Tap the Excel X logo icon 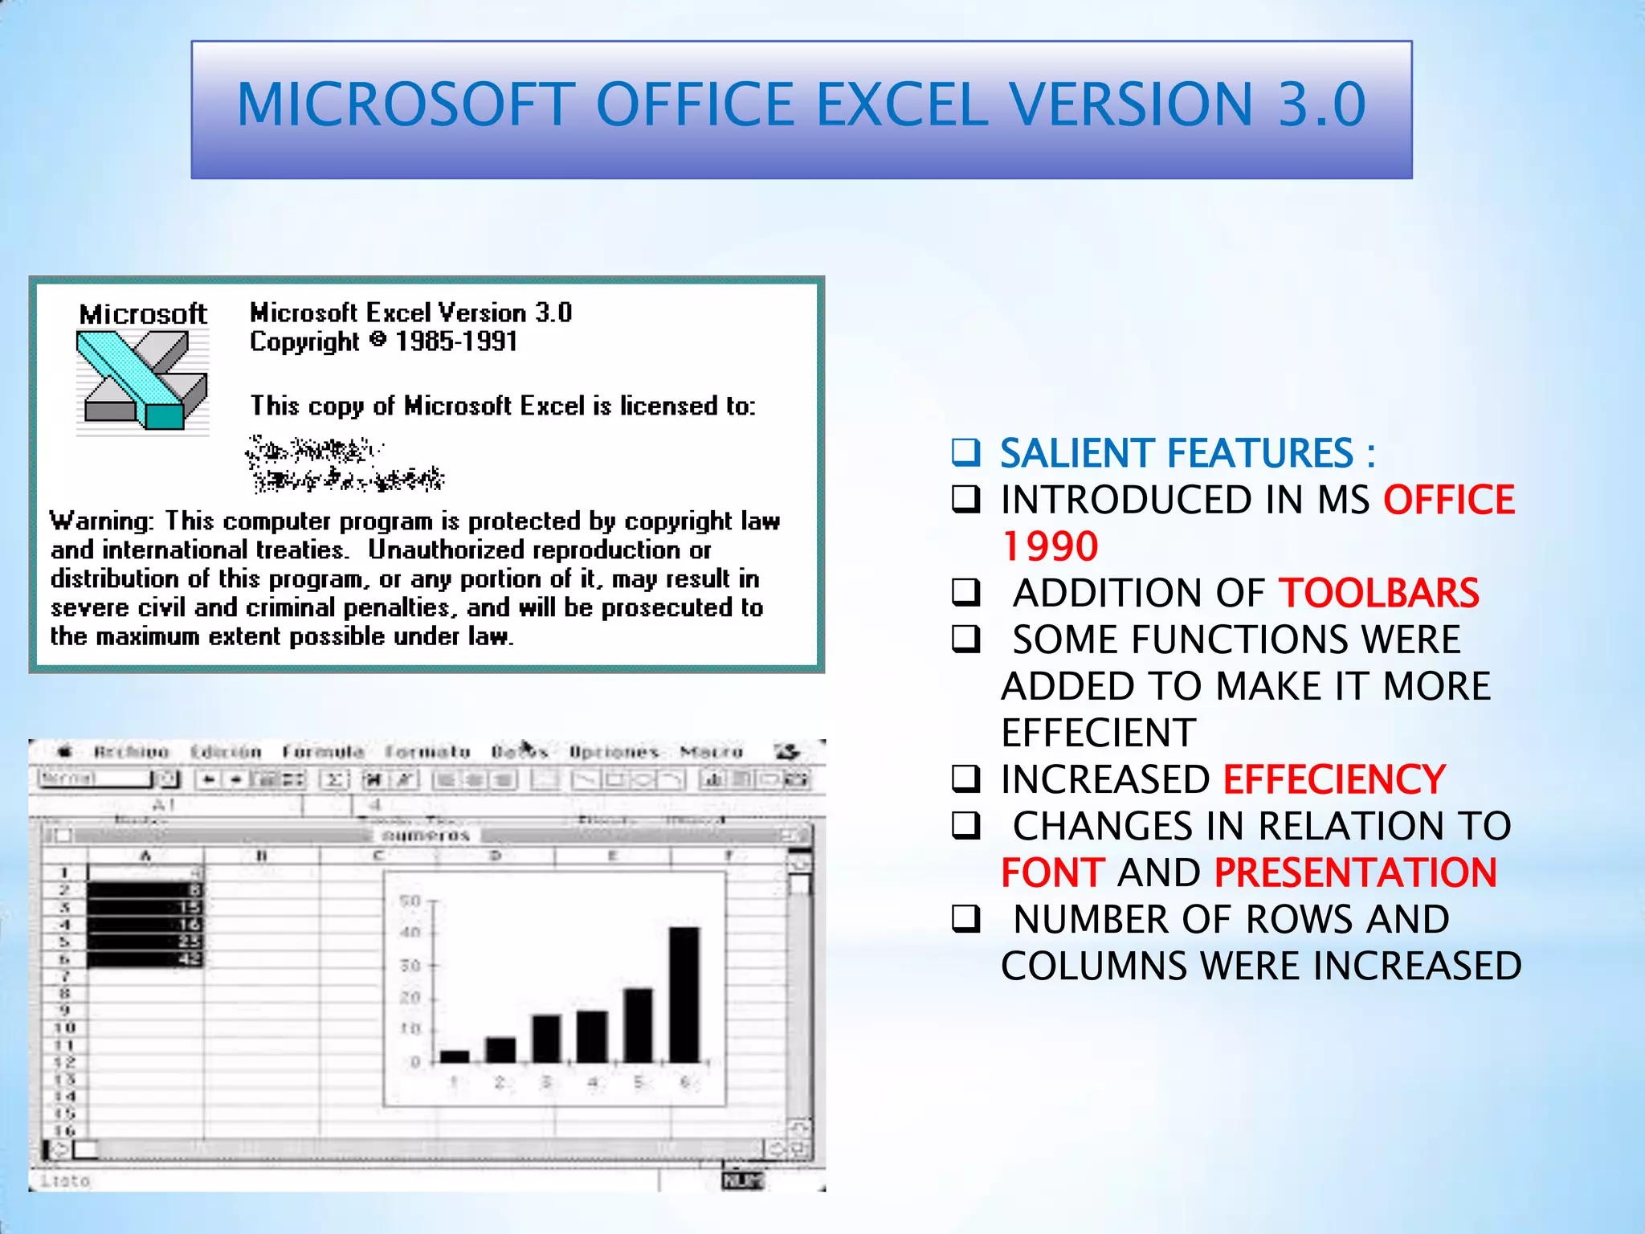coord(142,379)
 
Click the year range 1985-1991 coord(455,341)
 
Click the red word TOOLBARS coord(1378,593)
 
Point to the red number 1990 coord(1050,546)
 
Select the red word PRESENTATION coord(1355,872)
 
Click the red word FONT coord(1052,872)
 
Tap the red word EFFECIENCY coord(1333,779)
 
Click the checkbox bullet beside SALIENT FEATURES coord(965,453)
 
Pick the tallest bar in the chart coord(684,995)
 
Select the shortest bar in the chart coord(455,1056)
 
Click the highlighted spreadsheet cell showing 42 coord(145,958)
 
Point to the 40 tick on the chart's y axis coord(410,933)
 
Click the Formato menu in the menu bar coord(427,752)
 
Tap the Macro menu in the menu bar coord(711,752)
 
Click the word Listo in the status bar coord(65,1181)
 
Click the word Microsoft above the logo coord(143,314)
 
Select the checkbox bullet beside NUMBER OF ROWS coord(965,918)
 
